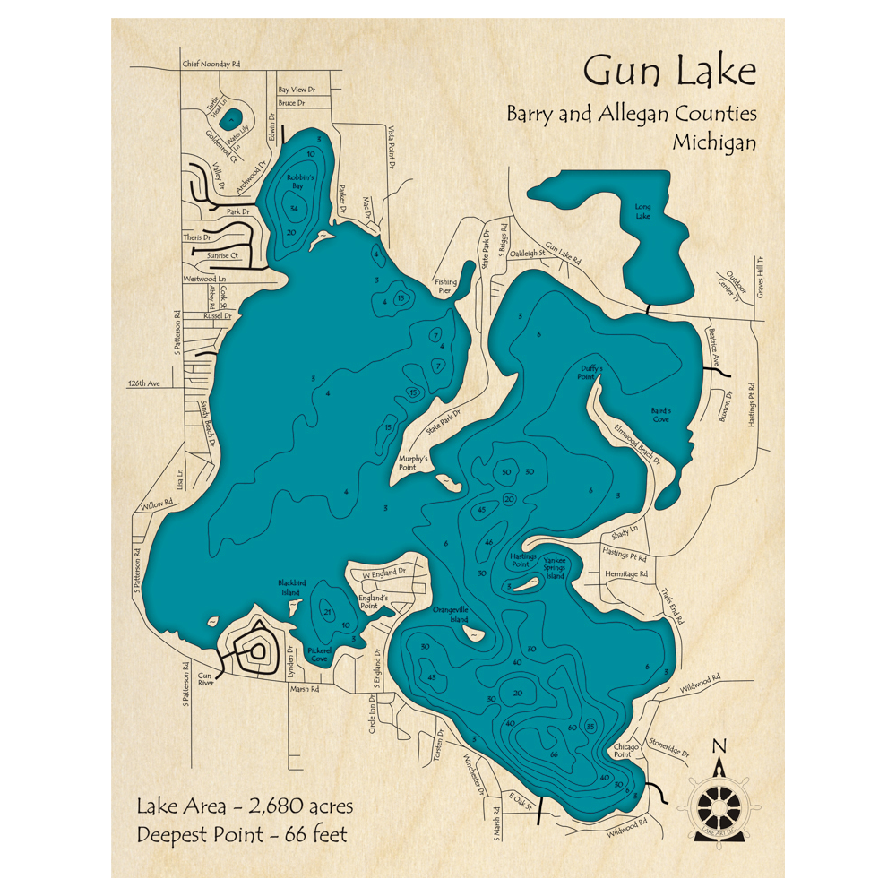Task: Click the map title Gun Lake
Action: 669,70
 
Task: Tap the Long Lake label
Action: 642,211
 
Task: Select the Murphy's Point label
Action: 413,462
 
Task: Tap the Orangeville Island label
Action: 451,614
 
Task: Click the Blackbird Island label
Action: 292,588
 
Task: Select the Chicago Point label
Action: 625,750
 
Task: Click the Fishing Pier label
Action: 445,287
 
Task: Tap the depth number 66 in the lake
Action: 555,755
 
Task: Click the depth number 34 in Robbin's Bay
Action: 294,208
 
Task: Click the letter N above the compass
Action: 719,745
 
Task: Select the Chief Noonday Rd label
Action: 211,65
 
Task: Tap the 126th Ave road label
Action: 142,383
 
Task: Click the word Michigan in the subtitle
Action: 714,142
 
